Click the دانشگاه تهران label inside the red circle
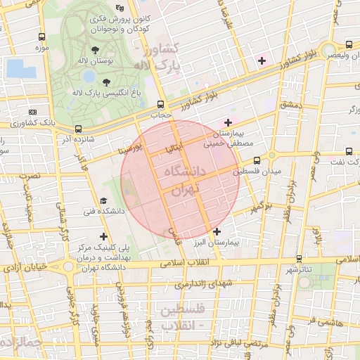pos(181,180)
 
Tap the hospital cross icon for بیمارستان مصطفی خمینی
pos(228,123)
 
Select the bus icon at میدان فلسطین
pos(256,160)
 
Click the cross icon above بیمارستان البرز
pos(217,231)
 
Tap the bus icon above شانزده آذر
pos(77,129)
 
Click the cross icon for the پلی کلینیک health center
pos(104,237)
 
